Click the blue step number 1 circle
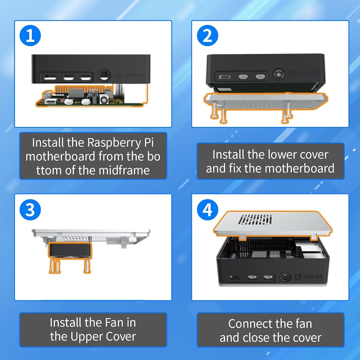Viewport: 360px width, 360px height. point(30,36)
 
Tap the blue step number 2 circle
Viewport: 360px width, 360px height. point(207,36)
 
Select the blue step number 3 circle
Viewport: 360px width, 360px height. point(30,210)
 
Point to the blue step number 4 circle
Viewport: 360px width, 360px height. point(207,210)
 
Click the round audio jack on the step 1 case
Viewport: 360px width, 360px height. point(104,75)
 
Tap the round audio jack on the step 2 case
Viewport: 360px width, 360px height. point(279,75)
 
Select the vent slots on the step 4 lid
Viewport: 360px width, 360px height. point(255,219)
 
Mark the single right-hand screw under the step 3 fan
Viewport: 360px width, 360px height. point(87,266)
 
